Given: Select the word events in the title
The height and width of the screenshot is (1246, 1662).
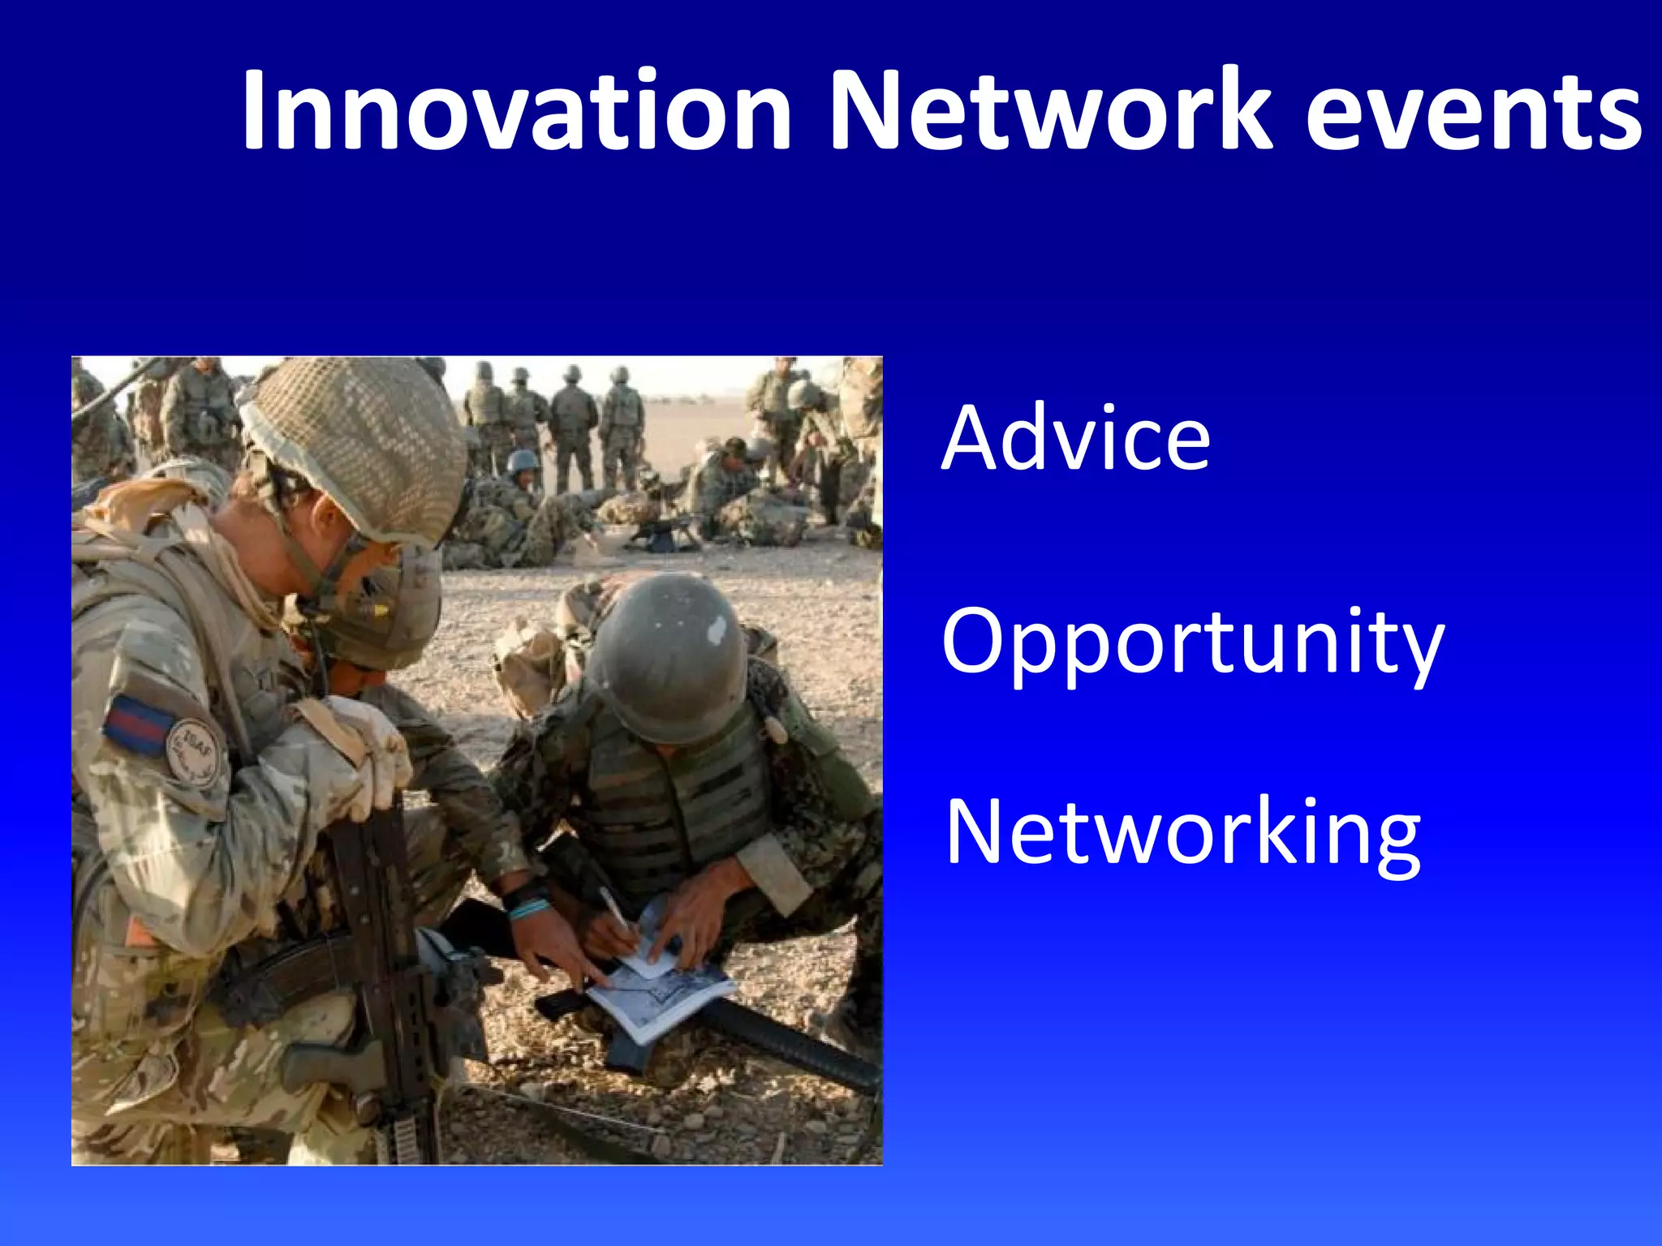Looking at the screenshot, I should (1474, 114).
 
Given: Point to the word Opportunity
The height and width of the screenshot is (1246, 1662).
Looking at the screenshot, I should (1193, 645).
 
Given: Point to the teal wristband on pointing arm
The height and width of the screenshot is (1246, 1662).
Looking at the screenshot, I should (527, 907).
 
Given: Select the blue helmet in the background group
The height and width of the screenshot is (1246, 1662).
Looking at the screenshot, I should (523, 462).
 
